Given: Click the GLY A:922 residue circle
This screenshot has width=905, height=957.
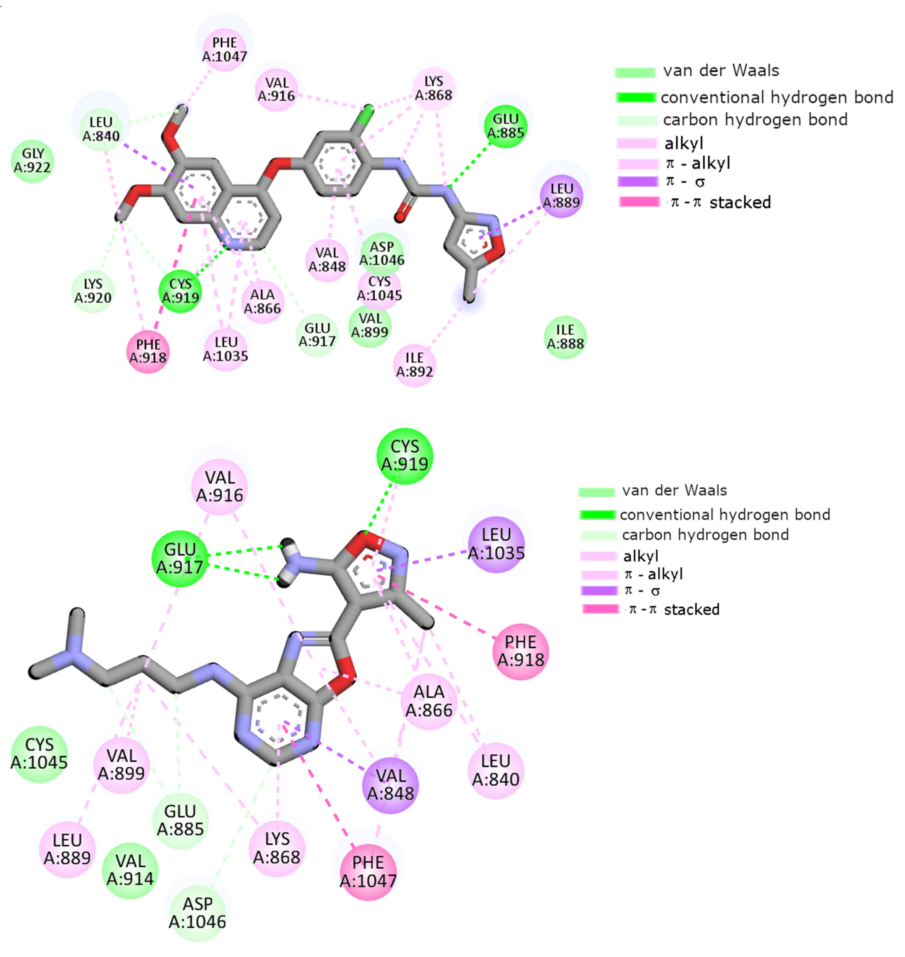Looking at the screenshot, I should (x=32, y=161).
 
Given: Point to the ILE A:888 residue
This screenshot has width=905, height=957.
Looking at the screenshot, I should (x=565, y=337).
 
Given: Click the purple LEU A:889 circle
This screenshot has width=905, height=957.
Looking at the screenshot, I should (x=562, y=196).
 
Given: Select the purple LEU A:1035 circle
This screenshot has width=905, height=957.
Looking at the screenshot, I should (x=496, y=544).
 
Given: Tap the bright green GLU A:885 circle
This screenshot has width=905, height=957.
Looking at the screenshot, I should (x=505, y=126).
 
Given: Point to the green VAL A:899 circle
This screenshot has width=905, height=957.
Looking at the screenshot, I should (x=370, y=326).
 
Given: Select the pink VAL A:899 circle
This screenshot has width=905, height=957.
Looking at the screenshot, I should (x=121, y=764).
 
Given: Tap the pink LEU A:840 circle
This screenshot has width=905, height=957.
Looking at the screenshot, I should (x=495, y=770).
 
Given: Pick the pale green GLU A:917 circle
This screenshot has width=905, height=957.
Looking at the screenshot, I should (x=317, y=335).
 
